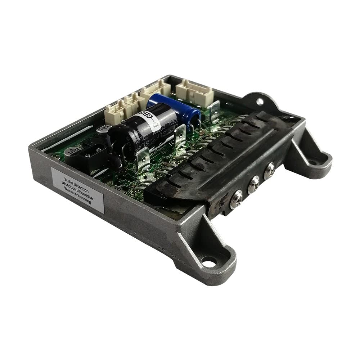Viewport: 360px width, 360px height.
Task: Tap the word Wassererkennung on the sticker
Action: click(x=77, y=197)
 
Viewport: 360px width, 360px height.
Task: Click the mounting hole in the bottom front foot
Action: click(x=209, y=260)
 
